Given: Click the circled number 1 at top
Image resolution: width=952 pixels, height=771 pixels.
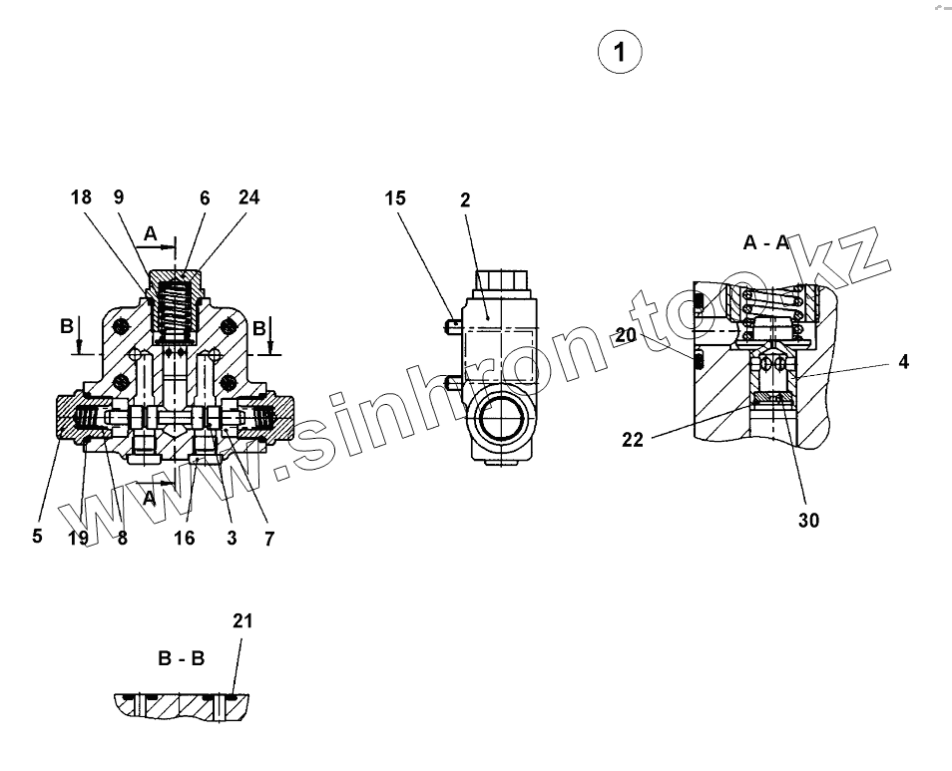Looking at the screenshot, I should [x=619, y=52].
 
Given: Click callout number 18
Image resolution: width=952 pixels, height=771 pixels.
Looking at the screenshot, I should [x=81, y=197].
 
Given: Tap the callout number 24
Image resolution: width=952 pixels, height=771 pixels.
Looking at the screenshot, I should [x=248, y=197].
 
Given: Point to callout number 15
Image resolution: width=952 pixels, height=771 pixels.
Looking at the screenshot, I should [x=395, y=198].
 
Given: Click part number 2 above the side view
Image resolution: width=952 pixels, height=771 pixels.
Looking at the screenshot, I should [x=465, y=200].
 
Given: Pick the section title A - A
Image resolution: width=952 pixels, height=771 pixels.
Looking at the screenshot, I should [x=766, y=242].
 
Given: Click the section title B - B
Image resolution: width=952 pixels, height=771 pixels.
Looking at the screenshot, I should [x=181, y=658].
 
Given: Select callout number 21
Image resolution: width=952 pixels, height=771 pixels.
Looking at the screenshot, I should [x=242, y=621].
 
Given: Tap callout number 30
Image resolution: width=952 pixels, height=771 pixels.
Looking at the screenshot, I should [x=808, y=520].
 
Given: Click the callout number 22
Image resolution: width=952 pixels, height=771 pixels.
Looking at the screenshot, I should [x=633, y=439].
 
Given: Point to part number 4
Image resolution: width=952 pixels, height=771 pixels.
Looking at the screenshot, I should [x=903, y=362].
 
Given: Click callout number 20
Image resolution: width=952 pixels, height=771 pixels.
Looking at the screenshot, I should [x=626, y=336].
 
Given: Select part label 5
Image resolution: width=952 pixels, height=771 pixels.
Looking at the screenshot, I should [x=37, y=537].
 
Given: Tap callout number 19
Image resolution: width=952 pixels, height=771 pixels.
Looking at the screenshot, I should [x=78, y=538].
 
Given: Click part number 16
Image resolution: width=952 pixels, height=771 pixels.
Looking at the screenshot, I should [x=185, y=538].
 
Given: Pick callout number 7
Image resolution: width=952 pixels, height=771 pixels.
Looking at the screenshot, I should [x=268, y=538].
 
